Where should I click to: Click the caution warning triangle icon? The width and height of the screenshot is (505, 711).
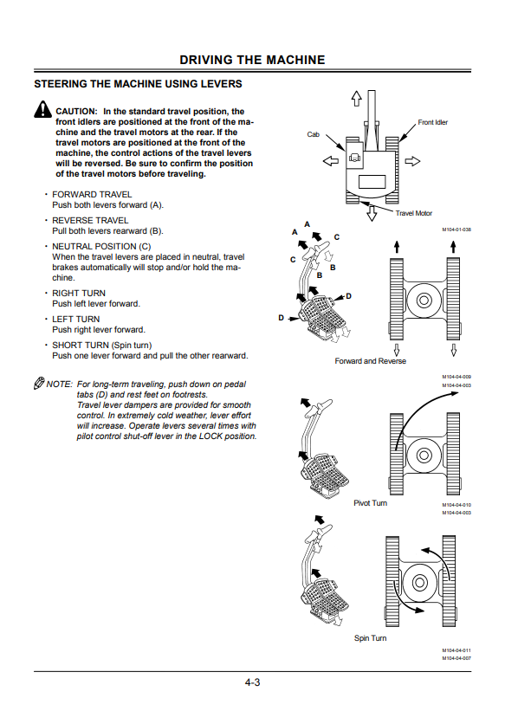42,109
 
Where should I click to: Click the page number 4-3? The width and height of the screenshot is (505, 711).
252,682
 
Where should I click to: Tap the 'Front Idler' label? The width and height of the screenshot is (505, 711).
432,122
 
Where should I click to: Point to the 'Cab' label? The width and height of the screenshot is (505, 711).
313,134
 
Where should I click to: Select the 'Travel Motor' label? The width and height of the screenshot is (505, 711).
413,213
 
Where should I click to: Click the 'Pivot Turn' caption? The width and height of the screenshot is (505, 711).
370,503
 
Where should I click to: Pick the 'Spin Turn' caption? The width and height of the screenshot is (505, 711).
370,638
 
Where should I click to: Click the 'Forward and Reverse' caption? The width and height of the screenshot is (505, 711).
370,361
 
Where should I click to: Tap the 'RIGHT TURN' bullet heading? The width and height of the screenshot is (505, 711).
79,293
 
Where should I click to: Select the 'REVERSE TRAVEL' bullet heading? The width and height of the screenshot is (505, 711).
90,220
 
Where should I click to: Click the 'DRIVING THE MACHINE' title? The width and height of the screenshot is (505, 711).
252,60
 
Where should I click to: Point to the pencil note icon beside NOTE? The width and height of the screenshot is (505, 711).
39,383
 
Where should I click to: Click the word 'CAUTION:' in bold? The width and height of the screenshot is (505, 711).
76,111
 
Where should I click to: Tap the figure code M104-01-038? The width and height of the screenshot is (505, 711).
456,229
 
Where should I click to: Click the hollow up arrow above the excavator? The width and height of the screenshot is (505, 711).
357,98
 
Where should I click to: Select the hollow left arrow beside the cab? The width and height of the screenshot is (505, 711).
330,160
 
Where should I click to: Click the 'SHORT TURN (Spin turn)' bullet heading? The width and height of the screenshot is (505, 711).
102,345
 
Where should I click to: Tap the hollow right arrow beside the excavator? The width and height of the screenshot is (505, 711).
412,161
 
